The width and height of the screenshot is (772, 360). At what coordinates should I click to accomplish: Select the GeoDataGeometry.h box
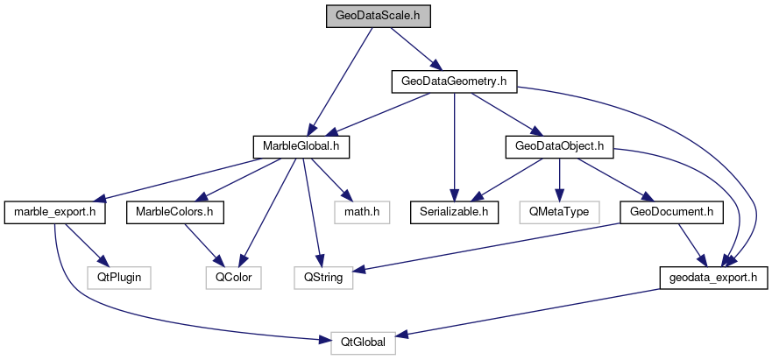coord(454,81)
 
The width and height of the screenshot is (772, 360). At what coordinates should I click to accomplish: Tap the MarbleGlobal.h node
coord(301,146)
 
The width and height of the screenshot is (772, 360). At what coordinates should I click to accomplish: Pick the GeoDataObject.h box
coord(559,146)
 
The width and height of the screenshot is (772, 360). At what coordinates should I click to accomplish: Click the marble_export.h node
coord(55,212)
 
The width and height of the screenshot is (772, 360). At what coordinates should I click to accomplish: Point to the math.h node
coord(360,212)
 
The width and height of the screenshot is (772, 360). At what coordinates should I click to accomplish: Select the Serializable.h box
coord(455,212)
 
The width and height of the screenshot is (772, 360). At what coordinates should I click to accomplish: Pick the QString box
coord(322,278)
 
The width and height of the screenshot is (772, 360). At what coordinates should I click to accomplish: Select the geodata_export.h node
coord(714,278)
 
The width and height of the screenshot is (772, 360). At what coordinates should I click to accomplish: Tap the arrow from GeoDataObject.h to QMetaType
coord(559,179)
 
